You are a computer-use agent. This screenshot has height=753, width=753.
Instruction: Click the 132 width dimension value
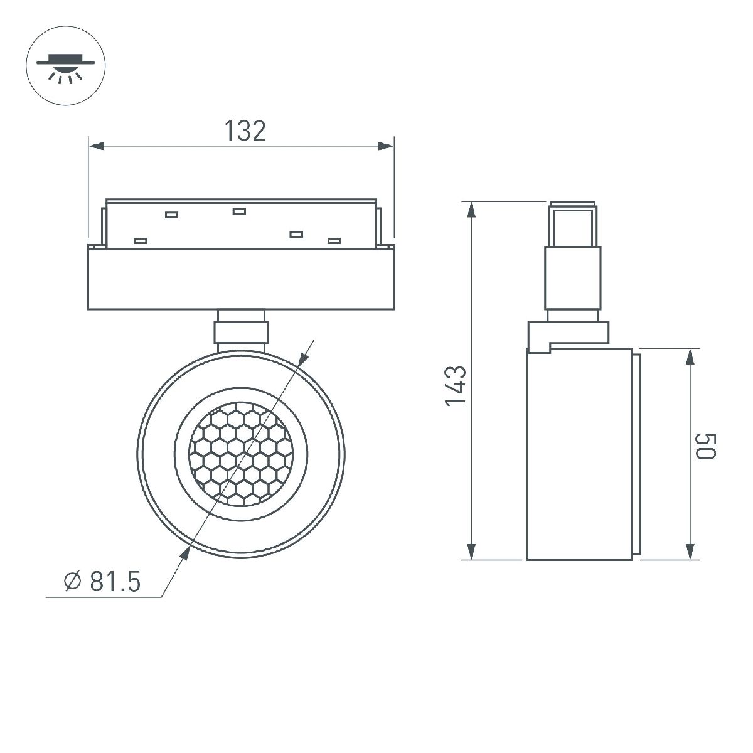(245, 131)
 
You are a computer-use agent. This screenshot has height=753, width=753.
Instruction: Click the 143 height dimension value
(456, 385)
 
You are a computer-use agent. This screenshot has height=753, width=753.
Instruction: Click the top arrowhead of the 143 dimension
(471, 209)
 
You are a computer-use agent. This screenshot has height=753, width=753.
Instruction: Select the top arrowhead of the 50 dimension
(690, 356)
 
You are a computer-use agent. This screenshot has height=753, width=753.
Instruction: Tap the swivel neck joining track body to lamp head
(242, 330)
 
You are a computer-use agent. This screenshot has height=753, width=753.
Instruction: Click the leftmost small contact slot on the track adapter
(140, 240)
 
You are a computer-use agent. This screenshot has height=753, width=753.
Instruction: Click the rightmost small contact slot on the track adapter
(334, 240)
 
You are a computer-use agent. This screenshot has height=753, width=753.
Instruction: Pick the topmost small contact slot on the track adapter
(238, 211)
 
